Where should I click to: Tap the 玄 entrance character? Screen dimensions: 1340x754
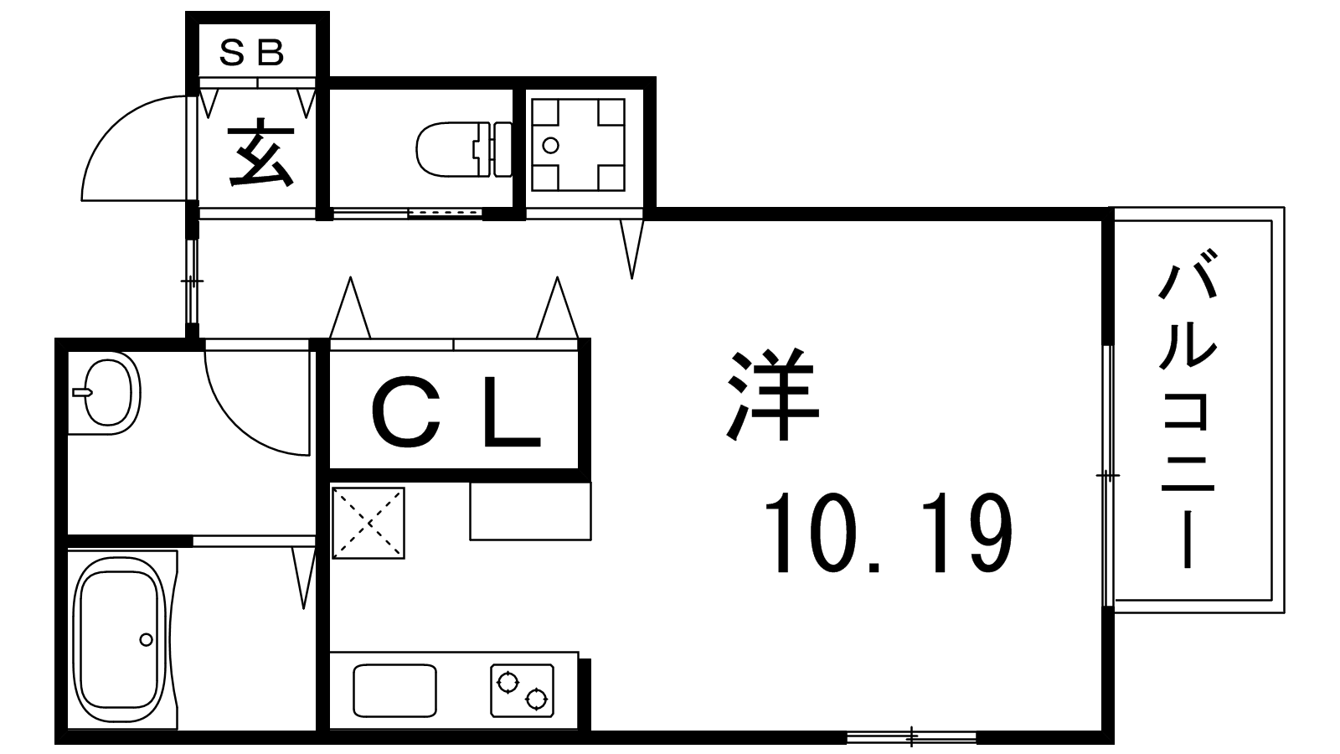tap(261, 152)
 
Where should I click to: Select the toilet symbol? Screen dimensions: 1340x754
tap(464, 149)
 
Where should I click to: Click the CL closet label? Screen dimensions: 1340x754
tap(456, 411)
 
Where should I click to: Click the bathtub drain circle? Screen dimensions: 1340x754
tap(146, 640)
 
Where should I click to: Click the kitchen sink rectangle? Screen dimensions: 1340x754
tap(394, 690)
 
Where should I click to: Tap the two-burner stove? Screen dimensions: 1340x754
tap(522, 690)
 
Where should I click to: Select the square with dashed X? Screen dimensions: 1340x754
tap(368, 524)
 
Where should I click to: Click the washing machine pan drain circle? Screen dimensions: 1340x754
tap(550, 145)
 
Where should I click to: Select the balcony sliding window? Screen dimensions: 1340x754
tap(1108, 477)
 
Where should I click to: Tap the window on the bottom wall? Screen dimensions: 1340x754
tap(911, 736)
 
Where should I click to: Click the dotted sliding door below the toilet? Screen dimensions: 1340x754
tap(445, 213)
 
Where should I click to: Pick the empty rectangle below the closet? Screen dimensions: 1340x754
tap(531, 511)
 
